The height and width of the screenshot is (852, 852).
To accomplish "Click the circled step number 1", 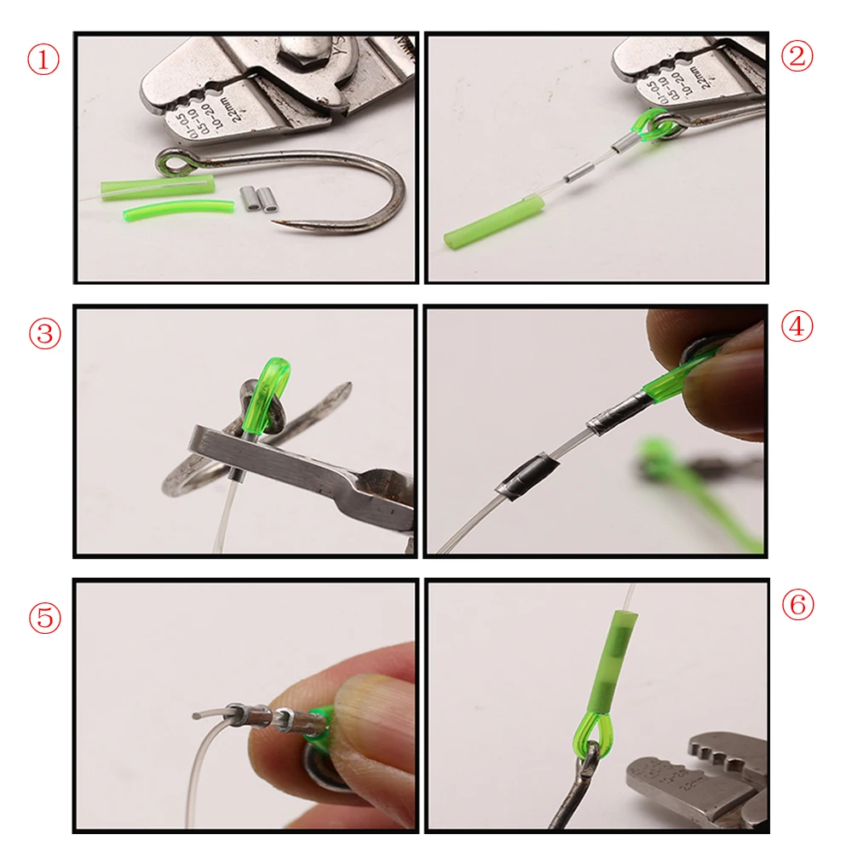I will [x=45, y=61].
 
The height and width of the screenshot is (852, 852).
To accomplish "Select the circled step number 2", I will [x=797, y=56].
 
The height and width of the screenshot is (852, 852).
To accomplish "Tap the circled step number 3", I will [x=45, y=333].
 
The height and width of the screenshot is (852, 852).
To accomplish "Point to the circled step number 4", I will [x=797, y=327].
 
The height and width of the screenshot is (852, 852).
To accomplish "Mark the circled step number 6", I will [x=797, y=605].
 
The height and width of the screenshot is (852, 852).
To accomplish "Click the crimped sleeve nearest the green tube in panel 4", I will [x=606, y=416].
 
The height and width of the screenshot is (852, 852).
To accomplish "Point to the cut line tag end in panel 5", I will [x=200, y=714].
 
